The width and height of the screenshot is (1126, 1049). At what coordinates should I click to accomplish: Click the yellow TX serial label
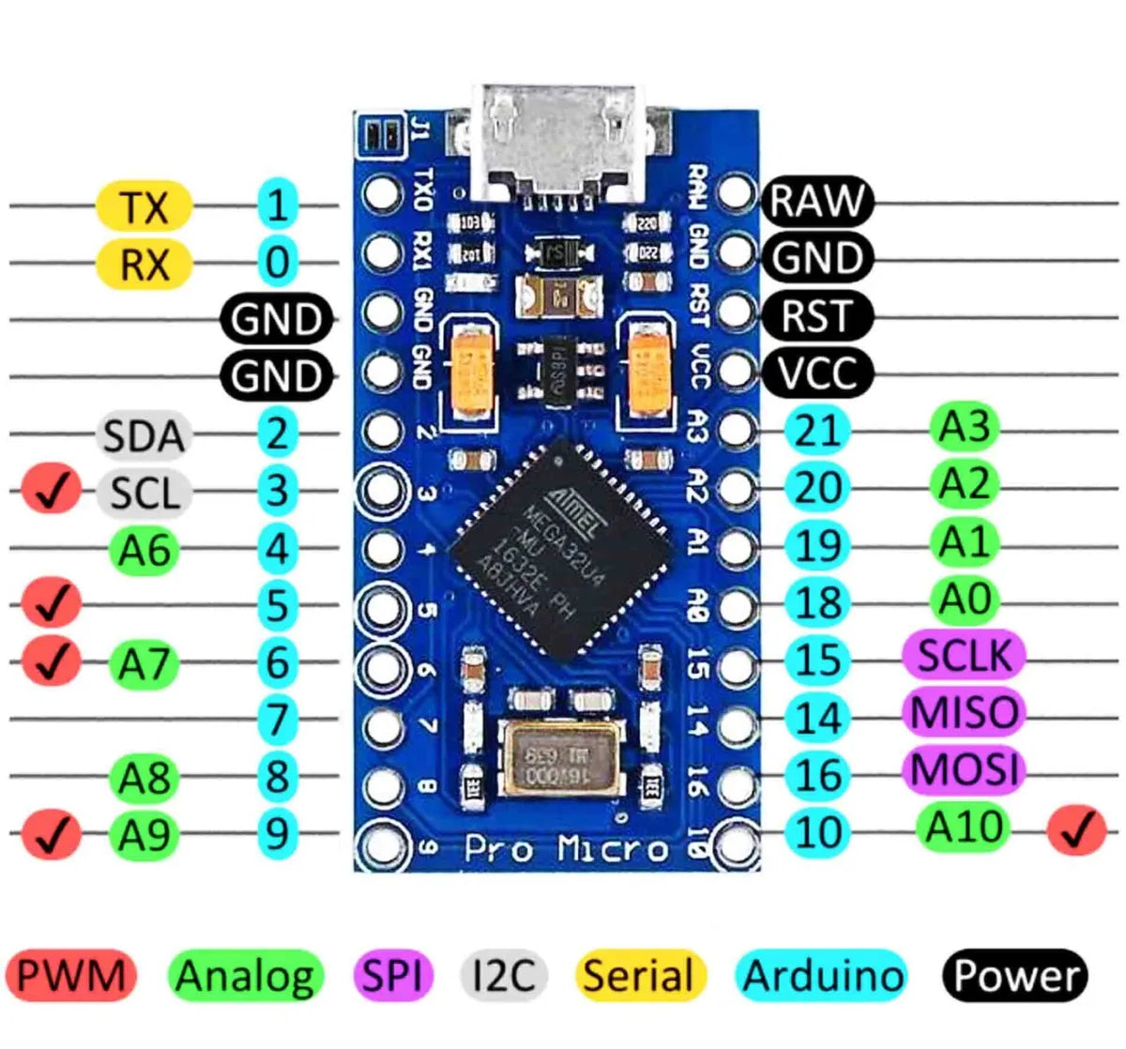[x=144, y=206]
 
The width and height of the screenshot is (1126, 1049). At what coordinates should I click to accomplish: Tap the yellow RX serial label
[x=144, y=264]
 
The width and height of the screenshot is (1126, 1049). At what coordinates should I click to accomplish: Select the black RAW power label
[x=816, y=201]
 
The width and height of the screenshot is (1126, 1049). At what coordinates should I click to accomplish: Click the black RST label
[x=816, y=316]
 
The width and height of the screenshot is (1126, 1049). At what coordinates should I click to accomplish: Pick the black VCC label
[x=816, y=373]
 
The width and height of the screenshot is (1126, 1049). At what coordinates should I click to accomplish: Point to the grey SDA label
[x=144, y=436]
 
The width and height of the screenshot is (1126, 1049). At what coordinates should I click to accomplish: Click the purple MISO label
[x=964, y=712]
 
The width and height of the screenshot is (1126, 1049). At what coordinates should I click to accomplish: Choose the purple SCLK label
[x=964, y=655]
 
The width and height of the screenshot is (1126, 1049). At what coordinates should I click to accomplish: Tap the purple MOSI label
[x=964, y=769]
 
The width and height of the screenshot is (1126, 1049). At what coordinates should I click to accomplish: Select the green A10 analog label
[x=964, y=827]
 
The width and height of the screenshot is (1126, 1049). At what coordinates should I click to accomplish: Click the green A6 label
[x=144, y=550]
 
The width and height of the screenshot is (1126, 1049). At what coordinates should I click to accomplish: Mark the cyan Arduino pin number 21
[x=817, y=431]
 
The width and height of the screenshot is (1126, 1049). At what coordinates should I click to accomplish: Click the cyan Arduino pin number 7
[x=277, y=721]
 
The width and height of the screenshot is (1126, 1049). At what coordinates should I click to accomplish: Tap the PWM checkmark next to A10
[x=1077, y=829]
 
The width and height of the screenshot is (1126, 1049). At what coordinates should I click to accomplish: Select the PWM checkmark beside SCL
[x=51, y=491]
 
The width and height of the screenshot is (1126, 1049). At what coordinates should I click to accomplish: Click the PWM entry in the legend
[x=70, y=976]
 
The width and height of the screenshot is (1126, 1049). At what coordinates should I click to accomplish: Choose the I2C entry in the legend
[x=502, y=976]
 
